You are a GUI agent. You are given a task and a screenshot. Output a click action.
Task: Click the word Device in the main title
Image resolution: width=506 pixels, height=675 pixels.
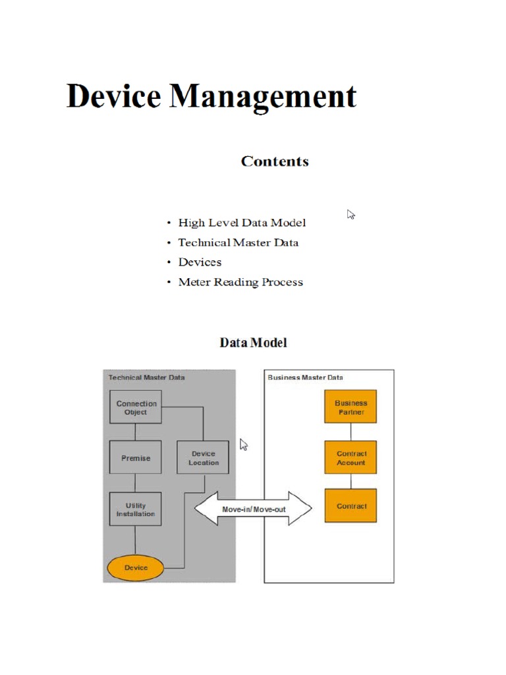113,96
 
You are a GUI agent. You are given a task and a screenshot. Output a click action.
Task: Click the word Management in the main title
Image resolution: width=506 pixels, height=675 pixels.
263,98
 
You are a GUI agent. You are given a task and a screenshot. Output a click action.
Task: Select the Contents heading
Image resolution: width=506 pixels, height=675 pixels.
275,161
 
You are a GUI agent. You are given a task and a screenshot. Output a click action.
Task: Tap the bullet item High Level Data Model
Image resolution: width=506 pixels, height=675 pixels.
242,223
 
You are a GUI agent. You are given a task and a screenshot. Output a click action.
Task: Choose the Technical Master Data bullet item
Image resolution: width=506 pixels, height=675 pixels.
238,243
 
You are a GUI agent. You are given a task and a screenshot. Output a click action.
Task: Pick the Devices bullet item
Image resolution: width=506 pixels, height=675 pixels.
200,262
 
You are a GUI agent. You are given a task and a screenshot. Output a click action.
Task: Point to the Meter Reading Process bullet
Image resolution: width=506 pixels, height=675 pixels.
240,282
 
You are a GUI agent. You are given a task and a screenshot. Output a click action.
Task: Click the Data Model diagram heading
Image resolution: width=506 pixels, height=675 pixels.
253,343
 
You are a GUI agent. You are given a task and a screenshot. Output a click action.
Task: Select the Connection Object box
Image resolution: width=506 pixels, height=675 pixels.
136,407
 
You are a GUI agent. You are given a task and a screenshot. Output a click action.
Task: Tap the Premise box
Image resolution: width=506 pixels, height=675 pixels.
136,458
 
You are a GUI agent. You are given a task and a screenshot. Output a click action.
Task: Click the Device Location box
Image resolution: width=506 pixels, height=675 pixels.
203,458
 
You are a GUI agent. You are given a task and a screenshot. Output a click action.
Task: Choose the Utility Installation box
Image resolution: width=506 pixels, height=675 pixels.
136,510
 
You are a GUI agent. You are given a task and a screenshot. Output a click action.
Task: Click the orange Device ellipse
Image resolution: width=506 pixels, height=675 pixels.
136,568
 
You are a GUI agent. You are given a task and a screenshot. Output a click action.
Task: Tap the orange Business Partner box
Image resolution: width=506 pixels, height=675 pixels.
351,407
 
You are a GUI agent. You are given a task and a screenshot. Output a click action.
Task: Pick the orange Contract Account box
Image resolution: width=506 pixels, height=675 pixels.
351,457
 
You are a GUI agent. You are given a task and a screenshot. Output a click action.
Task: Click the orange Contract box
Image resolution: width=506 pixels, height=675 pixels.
351,506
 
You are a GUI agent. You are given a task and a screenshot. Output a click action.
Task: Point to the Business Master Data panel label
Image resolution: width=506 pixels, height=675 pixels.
305,378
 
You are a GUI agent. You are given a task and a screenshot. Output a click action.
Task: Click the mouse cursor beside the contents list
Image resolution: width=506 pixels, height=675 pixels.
351,214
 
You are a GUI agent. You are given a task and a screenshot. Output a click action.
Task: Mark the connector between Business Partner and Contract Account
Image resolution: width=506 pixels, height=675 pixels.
351,432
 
